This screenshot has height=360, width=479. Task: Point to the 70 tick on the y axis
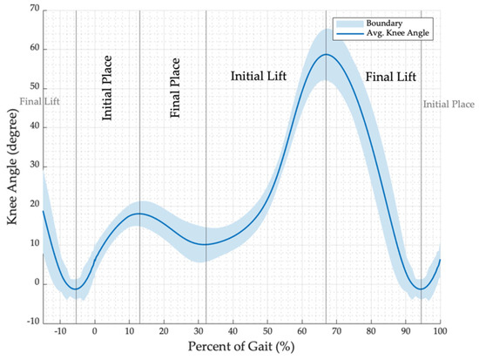[33, 10]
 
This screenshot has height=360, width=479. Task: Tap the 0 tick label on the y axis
[36, 283]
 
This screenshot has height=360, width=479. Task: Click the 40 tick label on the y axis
[33, 126]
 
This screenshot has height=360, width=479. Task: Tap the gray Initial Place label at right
[449, 105]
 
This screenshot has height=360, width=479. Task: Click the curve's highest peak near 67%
[326, 54]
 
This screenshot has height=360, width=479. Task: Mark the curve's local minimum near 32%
[205, 244]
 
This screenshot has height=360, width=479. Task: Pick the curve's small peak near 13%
[139, 214]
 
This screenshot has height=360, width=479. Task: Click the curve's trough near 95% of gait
[422, 289]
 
